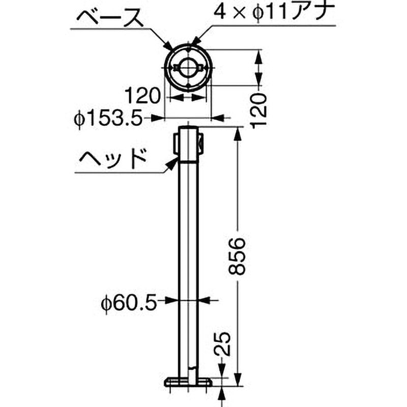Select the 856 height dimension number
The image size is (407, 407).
(x=238, y=256)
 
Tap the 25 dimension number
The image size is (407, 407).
(x=224, y=345)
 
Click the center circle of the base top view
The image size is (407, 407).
(x=188, y=68)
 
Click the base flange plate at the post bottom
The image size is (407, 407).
(x=188, y=382)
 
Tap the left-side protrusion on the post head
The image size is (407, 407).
(x=176, y=142)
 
